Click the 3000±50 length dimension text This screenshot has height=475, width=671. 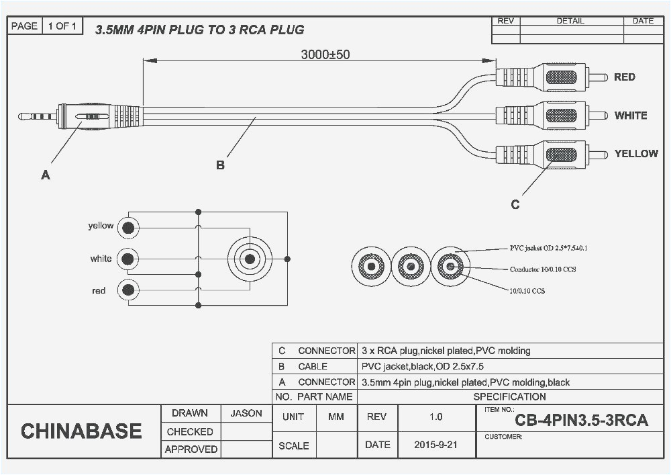(325, 54)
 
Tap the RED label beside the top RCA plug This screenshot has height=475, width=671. (624, 77)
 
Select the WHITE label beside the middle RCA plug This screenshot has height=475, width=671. (630, 116)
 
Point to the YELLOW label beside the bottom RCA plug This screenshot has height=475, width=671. (635, 154)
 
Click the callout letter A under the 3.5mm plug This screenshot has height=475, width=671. (45, 175)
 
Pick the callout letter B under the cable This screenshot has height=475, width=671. (220, 165)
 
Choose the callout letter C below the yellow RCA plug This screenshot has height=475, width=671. (515, 205)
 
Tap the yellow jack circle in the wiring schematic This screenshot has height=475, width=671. (127, 228)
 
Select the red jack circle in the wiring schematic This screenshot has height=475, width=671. (127, 290)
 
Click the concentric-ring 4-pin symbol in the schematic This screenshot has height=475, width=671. (250, 259)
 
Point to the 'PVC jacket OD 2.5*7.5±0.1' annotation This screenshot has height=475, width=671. (548, 248)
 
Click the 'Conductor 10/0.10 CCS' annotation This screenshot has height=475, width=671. (542, 269)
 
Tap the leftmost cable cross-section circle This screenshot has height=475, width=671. (371, 267)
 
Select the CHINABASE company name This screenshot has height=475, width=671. (81, 431)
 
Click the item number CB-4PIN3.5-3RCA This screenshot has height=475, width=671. (581, 421)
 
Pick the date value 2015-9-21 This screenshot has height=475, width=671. (435, 445)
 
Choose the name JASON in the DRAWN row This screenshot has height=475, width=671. (246, 413)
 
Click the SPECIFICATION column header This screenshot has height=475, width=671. (509, 396)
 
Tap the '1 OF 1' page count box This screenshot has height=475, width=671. (63, 26)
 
